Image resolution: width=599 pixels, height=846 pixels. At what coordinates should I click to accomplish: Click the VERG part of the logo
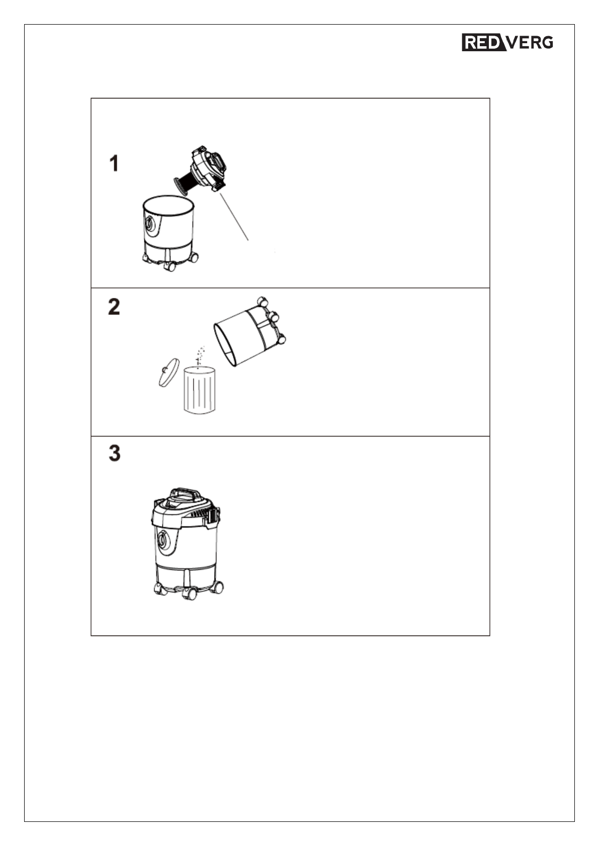(x=530, y=42)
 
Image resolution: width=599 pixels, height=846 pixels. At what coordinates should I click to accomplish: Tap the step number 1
(x=114, y=164)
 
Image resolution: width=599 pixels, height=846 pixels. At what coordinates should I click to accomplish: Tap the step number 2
(x=114, y=306)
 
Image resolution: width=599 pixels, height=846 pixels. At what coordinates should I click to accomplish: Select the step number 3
(x=115, y=453)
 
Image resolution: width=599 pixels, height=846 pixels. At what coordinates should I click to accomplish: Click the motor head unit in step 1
(x=210, y=168)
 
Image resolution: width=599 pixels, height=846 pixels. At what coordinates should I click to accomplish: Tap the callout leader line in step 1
(x=234, y=216)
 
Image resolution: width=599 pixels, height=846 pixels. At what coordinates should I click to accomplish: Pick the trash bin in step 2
(x=200, y=390)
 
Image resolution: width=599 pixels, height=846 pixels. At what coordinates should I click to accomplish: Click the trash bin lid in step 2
(x=168, y=372)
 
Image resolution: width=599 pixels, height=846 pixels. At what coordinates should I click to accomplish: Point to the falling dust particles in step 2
(x=200, y=356)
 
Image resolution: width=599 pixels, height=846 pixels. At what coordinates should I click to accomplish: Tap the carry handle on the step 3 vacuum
(x=185, y=493)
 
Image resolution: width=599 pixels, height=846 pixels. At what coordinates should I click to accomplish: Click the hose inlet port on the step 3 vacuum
(x=164, y=541)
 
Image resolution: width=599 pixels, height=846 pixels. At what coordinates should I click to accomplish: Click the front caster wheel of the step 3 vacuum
(x=189, y=593)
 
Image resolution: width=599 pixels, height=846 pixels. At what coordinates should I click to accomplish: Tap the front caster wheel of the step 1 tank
(x=169, y=266)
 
